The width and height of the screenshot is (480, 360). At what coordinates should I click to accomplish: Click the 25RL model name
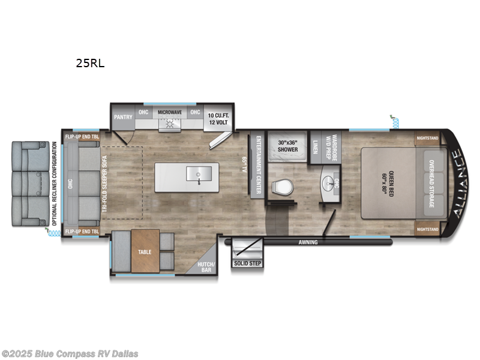[90, 62]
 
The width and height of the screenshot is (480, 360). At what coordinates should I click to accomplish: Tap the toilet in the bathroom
[281, 187]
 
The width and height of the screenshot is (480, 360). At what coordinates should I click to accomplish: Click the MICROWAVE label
[170, 112]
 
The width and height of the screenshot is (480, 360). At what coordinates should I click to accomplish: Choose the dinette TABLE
[145, 253]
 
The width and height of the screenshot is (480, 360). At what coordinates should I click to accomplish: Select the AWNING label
[310, 243]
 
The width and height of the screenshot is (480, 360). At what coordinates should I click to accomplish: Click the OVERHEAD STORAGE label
[430, 184]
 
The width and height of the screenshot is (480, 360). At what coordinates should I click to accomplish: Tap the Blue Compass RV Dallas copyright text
[70, 353]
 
